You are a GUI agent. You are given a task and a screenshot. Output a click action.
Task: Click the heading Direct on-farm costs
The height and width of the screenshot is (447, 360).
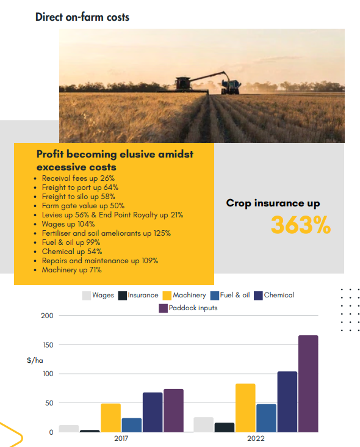pos(82,16)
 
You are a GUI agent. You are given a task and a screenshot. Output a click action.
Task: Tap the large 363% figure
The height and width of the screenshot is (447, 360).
pos(300,225)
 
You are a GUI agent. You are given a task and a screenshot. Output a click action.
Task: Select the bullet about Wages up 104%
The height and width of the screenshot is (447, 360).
pos(68,223)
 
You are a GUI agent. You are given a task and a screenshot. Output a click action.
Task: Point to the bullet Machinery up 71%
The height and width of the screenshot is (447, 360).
pos(71,269)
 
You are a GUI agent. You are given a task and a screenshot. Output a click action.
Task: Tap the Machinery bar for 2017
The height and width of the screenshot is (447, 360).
pos(110,418)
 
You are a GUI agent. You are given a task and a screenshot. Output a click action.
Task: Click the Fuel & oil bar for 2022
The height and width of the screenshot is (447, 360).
pos(266,418)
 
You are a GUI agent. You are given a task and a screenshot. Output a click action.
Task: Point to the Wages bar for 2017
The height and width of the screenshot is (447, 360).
pos(69,429)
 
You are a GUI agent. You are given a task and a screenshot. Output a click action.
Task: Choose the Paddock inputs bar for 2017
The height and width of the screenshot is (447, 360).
pos(173,410)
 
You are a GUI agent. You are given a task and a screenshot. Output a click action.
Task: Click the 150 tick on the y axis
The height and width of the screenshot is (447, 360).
pos(47,345)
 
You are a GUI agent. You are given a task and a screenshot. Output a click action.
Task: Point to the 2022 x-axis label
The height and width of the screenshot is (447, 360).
pos(256,438)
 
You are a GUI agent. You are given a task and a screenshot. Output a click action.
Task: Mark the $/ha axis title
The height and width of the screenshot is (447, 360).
pos(34,360)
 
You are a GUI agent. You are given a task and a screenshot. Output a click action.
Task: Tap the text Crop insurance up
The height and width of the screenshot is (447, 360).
pos(273,203)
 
